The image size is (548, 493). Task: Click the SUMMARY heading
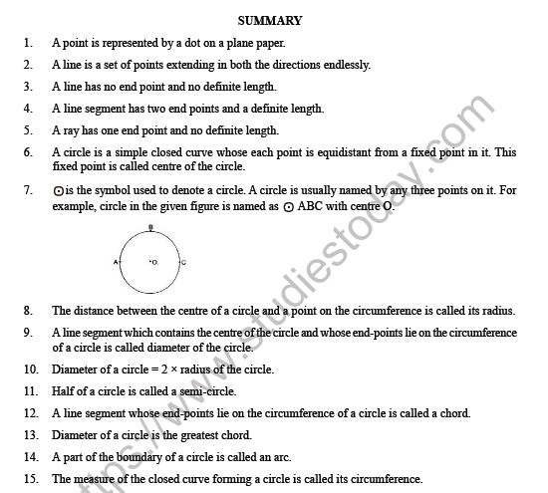coord(271,21)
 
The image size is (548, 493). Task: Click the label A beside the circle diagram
coord(117,262)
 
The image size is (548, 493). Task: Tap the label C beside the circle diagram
coord(182,262)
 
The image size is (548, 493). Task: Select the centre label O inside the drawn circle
coord(153,262)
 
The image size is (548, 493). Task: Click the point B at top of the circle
coord(149,228)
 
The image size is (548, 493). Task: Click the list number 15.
coord(30,479)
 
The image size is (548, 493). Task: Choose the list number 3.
coord(28,87)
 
